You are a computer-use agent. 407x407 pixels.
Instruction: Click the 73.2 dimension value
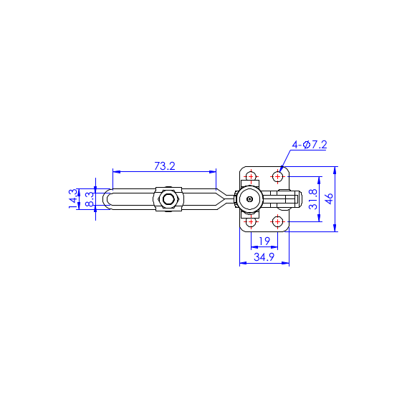click(x=165, y=166)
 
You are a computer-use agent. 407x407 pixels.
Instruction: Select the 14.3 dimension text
click(x=73, y=198)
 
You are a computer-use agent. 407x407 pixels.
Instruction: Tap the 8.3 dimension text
click(x=90, y=199)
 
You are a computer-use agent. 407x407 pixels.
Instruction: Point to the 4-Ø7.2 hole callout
click(x=310, y=145)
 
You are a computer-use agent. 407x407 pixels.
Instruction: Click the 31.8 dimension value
click(x=313, y=199)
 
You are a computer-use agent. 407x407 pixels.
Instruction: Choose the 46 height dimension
click(x=330, y=198)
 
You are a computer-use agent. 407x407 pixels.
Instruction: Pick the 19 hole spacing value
click(x=264, y=241)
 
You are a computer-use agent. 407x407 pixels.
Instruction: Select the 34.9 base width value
click(x=264, y=257)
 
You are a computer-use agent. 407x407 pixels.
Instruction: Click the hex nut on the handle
click(x=168, y=199)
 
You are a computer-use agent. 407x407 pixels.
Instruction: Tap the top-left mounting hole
click(x=251, y=176)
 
